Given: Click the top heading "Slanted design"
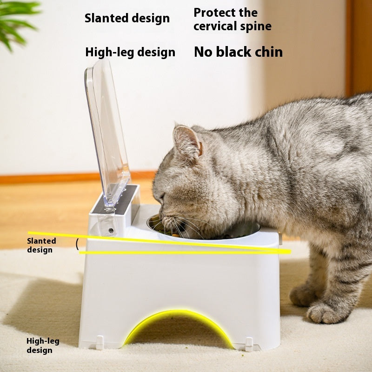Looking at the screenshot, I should tap(127, 19).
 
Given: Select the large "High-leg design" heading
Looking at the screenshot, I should tap(130, 52).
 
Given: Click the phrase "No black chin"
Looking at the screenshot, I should tap(238, 52).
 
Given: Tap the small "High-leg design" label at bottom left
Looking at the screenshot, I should tap(43, 345).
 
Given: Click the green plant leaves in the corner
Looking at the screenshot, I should tap(16, 21).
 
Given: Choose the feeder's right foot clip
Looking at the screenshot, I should tap(249, 344).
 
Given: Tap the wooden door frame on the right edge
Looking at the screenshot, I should tap(358, 46).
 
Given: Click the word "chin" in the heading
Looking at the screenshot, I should tap(266, 52).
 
